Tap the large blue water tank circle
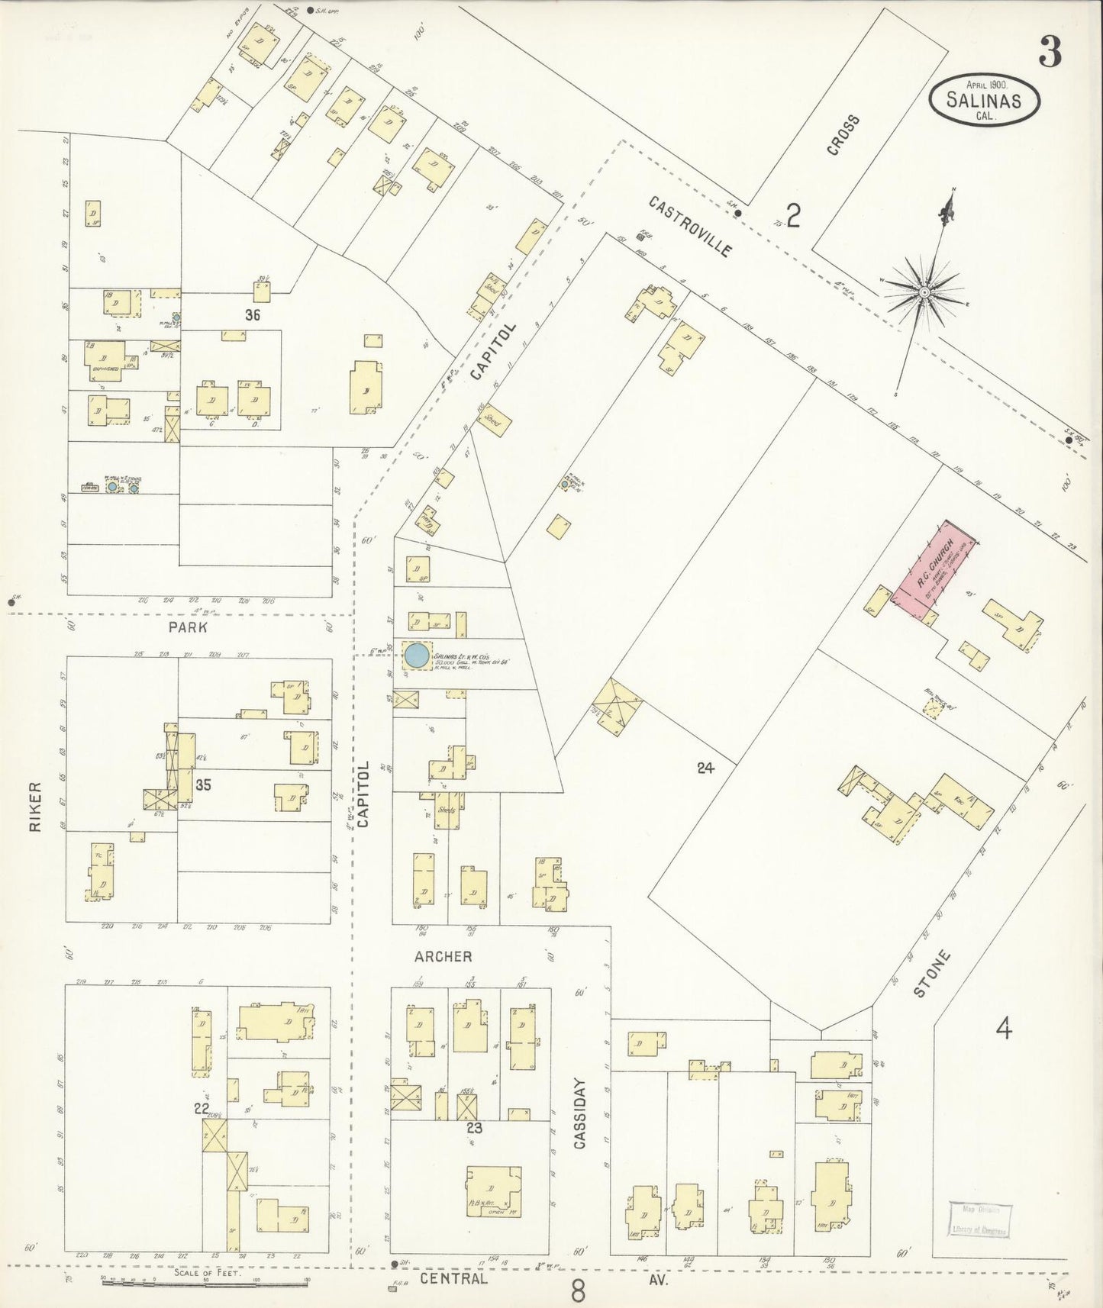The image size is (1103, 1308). click(416, 655)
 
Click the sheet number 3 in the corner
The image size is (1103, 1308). click(1050, 52)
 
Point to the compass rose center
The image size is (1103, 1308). click(924, 292)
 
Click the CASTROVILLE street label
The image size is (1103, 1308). click(691, 227)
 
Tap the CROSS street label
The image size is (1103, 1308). click(843, 136)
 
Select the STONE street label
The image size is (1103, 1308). click(932, 974)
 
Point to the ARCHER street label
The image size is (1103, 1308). click(443, 956)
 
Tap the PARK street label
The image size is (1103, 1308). click(189, 628)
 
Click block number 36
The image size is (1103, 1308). click(253, 314)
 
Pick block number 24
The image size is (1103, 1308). click(705, 768)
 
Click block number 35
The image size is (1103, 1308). click(203, 784)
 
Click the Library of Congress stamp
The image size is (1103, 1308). click(980, 1219)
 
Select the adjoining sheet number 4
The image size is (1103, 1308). click(1003, 1030)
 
